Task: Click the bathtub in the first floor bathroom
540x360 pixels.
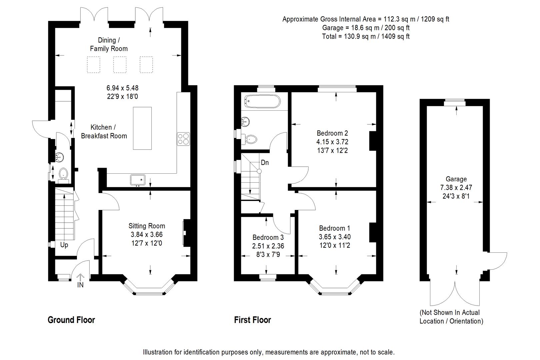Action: [x=263, y=101]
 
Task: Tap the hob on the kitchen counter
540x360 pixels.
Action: [x=183, y=139]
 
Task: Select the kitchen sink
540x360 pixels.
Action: [x=138, y=180]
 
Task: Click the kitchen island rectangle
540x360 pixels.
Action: [x=142, y=128]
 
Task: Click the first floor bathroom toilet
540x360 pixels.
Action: [x=250, y=139]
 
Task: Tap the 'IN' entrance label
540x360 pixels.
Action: [x=80, y=285]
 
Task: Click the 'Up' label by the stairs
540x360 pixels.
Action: [x=64, y=245]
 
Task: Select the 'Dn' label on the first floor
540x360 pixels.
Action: [x=265, y=163]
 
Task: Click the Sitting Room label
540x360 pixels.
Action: [x=147, y=226]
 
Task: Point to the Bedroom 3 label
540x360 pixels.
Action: [x=268, y=237]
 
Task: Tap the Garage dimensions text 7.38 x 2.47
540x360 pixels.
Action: [x=456, y=187]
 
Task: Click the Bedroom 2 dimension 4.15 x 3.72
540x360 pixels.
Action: [x=332, y=142]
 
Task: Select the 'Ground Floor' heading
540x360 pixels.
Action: [x=71, y=320]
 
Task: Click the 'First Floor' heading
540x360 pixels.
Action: [x=253, y=320]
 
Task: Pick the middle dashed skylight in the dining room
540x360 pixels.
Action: [x=120, y=65]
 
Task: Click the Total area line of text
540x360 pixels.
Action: [x=366, y=36]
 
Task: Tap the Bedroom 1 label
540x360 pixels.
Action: [x=334, y=228]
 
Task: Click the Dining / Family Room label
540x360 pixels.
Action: [x=109, y=44]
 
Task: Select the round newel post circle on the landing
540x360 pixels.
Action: [x=259, y=171]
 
